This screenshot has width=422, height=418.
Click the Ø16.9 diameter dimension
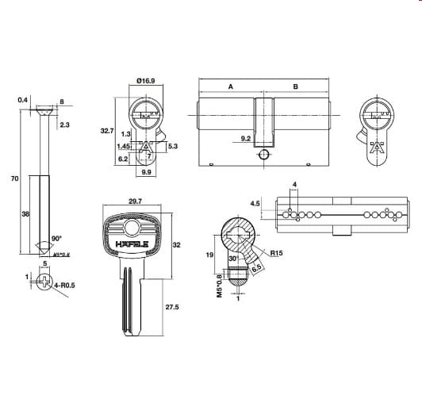[x=145, y=80]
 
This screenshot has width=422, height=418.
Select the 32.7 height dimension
[x=108, y=131]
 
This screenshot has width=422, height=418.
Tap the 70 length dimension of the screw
[x=14, y=179]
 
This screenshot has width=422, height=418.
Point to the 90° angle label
[x=56, y=237]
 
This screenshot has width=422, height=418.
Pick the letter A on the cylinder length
[x=230, y=86]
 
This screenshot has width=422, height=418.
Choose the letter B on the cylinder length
[x=295, y=86]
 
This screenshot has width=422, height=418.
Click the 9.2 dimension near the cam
[x=245, y=139]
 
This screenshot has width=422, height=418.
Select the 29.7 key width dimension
[x=134, y=201]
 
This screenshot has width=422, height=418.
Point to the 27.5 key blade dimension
[x=171, y=306]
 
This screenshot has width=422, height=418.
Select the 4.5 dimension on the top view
[x=255, y=203]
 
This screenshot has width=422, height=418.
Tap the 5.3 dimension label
[x=173, y=146]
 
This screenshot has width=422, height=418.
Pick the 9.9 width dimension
[x=146, y=172]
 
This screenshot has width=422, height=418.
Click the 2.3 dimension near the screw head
[x=64, y=125]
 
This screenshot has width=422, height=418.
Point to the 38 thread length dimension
[x=26, y=214]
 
